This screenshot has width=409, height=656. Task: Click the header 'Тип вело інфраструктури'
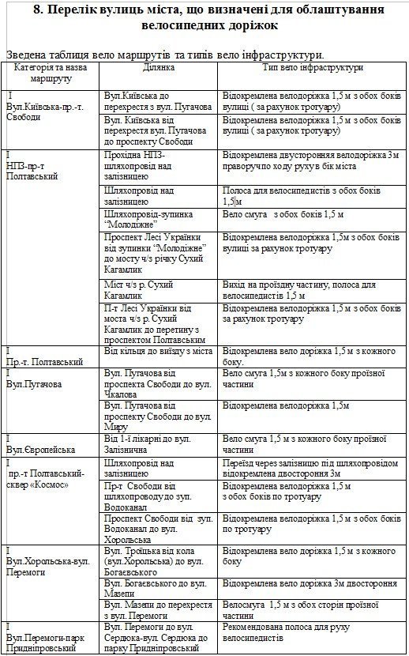pos(313,68)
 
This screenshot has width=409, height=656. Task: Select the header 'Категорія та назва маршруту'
pos(52,74)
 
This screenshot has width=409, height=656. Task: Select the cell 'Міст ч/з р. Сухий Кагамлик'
pos(139,290)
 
